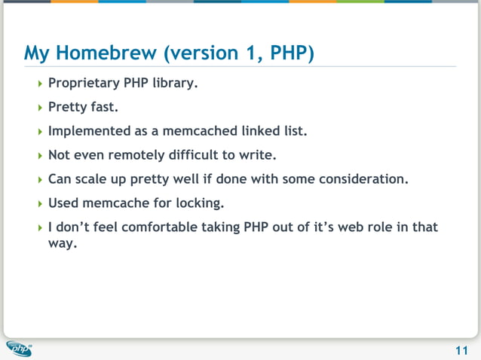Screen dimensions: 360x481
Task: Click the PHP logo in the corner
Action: (19, 349)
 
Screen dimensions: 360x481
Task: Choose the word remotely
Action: (137, 155)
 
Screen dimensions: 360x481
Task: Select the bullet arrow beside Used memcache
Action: (41, 204)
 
